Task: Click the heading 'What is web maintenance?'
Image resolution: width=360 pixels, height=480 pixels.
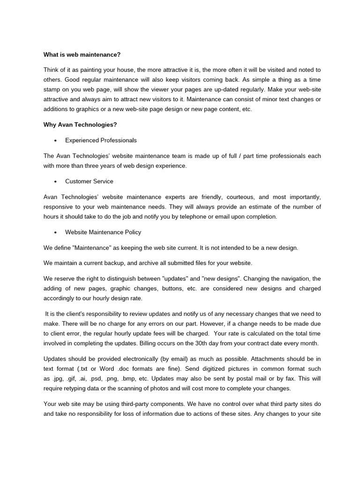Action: [x=82, y=55]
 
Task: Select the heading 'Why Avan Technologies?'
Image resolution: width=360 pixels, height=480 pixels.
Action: [x=80, y=124]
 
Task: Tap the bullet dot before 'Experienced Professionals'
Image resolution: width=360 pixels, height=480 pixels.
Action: [x=56, y=141]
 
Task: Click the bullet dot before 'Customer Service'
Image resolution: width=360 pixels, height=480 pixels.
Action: [x=56, y=181]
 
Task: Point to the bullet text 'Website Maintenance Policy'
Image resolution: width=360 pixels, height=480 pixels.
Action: [x=103, y=232]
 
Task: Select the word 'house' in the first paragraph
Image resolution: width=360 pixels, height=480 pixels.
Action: [x=130, y=70]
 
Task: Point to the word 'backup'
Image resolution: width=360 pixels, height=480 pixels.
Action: [x=109, y=262]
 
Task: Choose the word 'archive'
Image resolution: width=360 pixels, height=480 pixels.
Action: [x=144, y=262]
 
